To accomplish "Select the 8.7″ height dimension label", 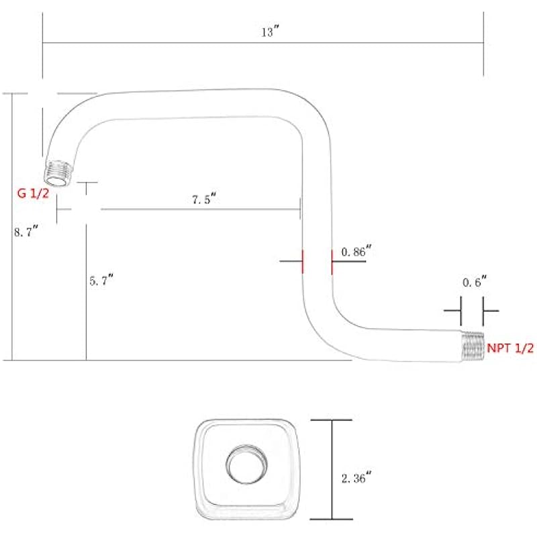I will [26, 232].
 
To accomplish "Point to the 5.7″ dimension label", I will [102, 281].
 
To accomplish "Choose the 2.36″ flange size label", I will [356, 479].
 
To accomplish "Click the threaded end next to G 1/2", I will [59, 174].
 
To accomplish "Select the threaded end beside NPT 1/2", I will [473, 346].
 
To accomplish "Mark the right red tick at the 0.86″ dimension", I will [332, 261].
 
